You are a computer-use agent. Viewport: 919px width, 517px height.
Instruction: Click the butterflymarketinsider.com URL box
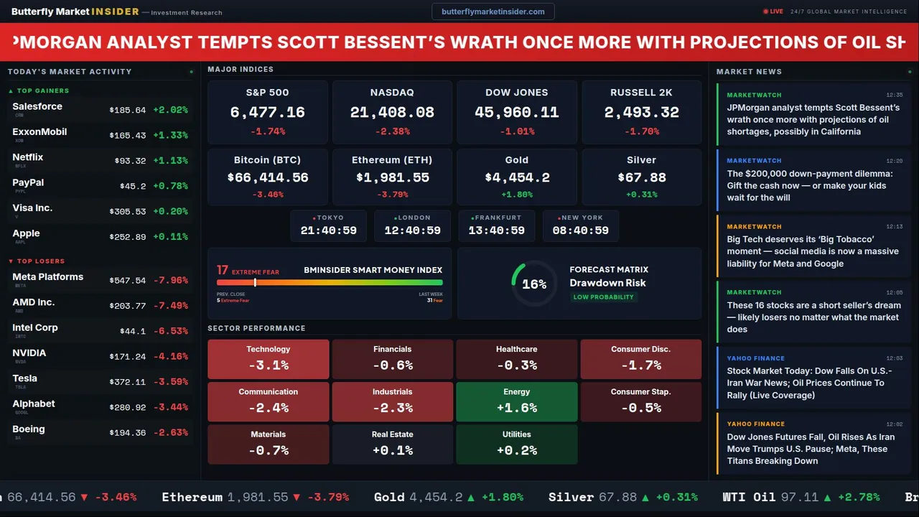(x=493, y=11)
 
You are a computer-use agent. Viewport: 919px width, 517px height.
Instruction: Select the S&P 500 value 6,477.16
(x=267, y=113)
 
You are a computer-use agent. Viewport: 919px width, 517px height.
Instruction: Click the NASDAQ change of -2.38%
(x=392, y=131)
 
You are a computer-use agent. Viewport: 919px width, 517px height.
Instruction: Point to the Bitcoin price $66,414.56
(x=267, y=177)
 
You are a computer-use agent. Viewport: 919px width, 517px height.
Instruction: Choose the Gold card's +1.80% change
(x=516, y=195)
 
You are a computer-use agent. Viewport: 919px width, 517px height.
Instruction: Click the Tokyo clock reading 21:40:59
(x=329, y=230)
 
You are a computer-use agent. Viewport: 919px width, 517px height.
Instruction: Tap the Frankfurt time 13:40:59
(x=496, y=230)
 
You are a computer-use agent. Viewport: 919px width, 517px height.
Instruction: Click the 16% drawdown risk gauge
(x=533, y=284)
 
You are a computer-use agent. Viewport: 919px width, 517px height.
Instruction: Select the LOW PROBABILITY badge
(x=603, y=297)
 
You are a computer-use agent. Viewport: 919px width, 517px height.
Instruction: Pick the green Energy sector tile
(x=516, y=401)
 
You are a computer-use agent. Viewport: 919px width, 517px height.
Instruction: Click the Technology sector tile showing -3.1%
(x=268, y=359)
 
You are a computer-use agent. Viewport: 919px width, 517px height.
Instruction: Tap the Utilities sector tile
(x=516, y=444)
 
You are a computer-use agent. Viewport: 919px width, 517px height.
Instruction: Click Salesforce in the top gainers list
(x=37, y=107)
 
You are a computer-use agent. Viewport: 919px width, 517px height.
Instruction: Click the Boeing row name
(x=29, y=429)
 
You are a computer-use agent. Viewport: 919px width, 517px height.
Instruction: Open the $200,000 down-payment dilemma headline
(x=809, y=185)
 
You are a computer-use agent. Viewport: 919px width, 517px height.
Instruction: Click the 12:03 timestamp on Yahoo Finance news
(x=894, y=358)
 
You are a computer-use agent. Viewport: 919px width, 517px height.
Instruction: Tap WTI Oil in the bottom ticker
(x=749, y=497)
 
